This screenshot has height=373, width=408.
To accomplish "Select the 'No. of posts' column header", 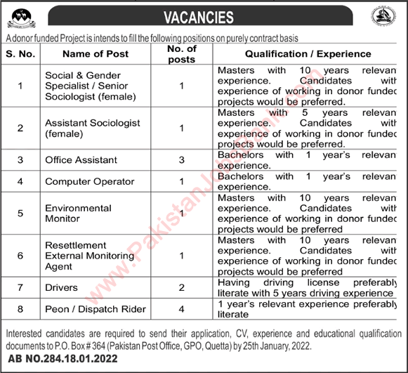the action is point(181,53).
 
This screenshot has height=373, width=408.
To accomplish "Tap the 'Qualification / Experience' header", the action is point(308,53).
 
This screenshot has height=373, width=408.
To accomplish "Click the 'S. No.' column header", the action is point(20,53).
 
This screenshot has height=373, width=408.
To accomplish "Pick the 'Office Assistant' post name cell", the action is point(79,160).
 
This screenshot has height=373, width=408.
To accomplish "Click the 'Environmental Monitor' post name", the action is point(78,213).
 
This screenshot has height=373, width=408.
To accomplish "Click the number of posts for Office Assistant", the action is point(181,160).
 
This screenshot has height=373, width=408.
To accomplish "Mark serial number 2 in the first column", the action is point(20,128).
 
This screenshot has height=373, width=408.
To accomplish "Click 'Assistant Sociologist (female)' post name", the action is point(92,127).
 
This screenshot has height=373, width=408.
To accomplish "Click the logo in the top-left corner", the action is point(19,15).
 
